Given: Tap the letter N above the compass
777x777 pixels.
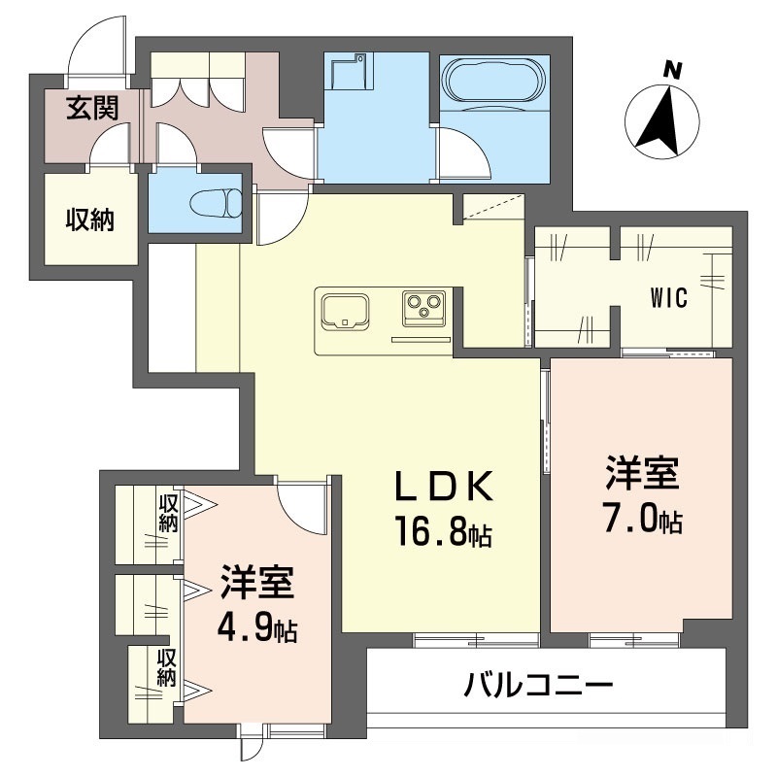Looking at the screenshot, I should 670,70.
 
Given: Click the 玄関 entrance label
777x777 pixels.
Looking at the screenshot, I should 91,108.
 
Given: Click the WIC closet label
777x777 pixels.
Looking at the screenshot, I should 669,298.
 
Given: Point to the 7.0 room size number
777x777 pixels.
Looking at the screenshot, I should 632,521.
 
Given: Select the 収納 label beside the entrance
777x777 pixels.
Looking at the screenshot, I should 89,220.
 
